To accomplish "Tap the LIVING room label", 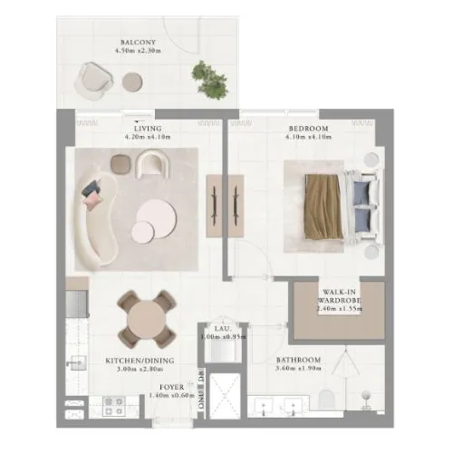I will tap(141, 128).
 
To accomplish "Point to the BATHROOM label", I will tap(299, 360).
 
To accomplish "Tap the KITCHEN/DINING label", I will tap(133, 360).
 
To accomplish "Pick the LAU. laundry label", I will tap(223, 328).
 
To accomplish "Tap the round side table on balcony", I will tap(133, 81).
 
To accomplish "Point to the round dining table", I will tap(147, 318).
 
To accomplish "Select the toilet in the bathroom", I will tap(367, 400).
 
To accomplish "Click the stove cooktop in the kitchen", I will tap(113, 407).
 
